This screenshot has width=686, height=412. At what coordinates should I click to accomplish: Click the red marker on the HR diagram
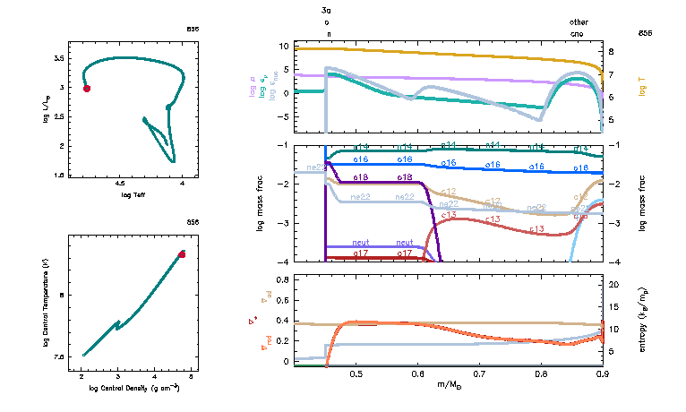pos(87,88)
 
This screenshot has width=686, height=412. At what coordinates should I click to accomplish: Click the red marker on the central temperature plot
pos(182,254)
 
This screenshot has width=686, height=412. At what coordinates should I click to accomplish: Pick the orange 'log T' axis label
pos(642,84)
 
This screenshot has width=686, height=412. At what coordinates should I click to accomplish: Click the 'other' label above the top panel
pos(579,21)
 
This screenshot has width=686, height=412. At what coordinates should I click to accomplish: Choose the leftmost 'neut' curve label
pos(361,243)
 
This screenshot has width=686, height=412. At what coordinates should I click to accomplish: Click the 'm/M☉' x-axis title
pos(450,385)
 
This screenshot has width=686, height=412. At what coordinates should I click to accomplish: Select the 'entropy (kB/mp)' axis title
pos(642,319)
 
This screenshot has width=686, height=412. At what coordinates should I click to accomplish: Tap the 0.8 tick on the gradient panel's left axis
pos(282,280)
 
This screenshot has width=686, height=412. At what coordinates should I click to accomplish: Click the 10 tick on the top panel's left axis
pos(284,46)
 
